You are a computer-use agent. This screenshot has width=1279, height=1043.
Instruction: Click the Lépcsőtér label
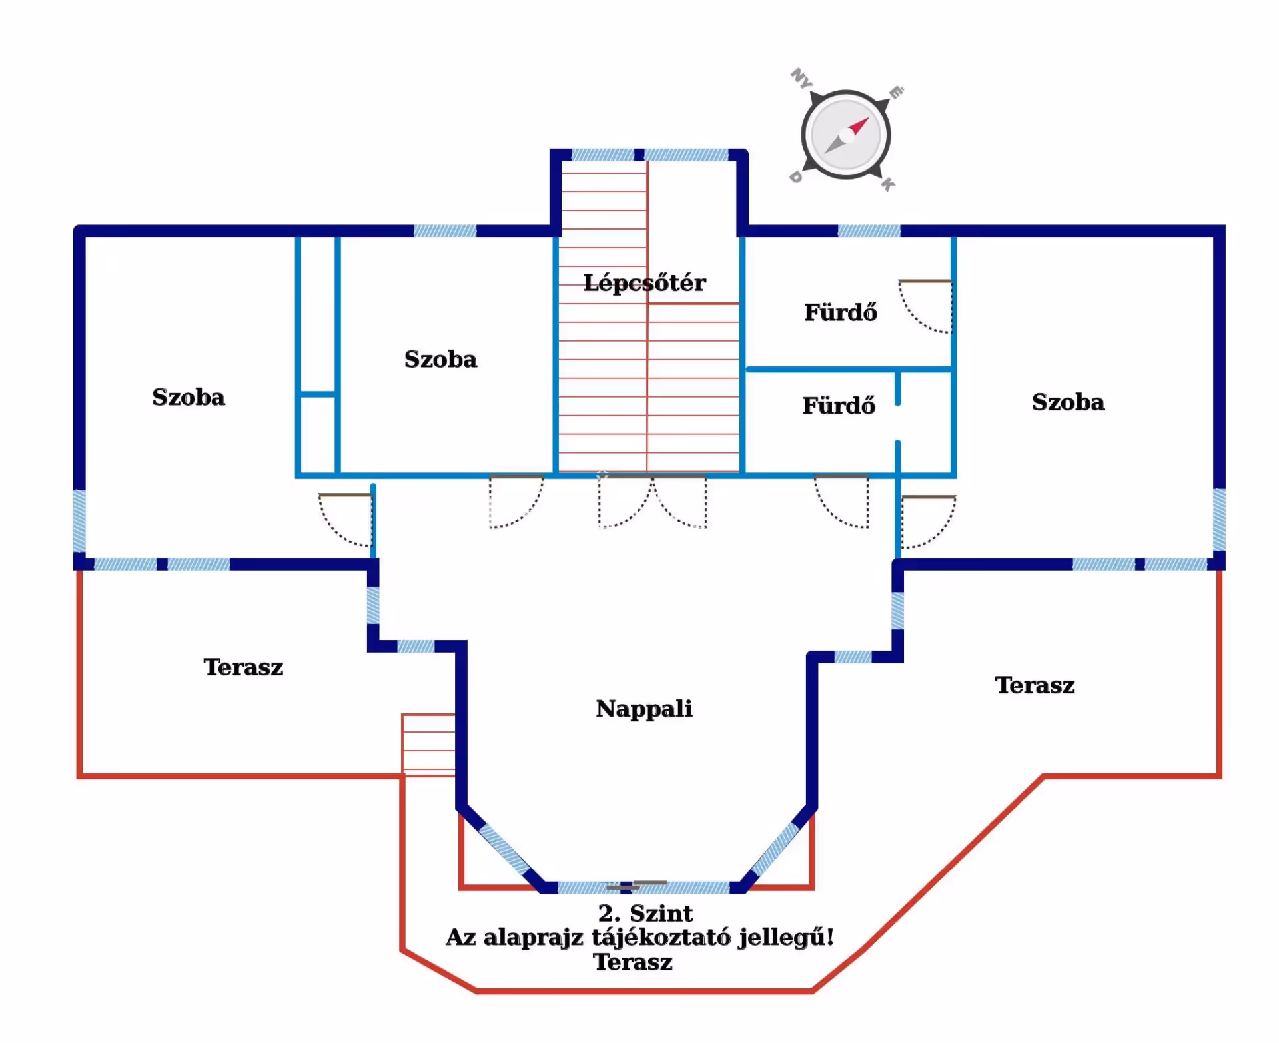pos(643,283)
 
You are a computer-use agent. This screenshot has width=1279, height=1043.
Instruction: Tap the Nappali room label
pos(643,709)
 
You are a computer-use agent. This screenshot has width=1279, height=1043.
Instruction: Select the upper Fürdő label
pos(840,312)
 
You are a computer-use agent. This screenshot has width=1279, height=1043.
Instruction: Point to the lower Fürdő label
pos(838,406)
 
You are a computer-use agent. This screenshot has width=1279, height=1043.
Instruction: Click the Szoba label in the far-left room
pos(189,397)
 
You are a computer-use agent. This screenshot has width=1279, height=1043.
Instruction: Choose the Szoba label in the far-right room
pos(1068,402)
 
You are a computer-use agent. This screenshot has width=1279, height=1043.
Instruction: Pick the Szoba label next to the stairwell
pos(440,360)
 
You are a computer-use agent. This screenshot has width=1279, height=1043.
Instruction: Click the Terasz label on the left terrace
pos(243,667)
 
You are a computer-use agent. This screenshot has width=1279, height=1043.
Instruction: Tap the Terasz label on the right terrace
pos(1035,685)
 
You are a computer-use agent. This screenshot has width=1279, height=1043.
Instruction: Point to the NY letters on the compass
pos(801,79)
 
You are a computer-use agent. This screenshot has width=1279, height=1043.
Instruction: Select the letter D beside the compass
pos(795,177)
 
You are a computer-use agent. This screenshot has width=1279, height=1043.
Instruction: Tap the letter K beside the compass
pos(888,184)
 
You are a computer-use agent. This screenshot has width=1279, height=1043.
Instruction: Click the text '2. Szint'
pos(645,913)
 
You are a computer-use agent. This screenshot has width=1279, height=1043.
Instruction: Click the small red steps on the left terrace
pos(428,745)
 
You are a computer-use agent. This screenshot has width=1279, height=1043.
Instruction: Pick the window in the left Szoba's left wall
pos(79,521)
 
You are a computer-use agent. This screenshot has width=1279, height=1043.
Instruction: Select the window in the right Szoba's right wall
pos(1219,520)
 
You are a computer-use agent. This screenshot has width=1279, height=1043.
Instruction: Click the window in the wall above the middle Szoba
pos(445,231)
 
